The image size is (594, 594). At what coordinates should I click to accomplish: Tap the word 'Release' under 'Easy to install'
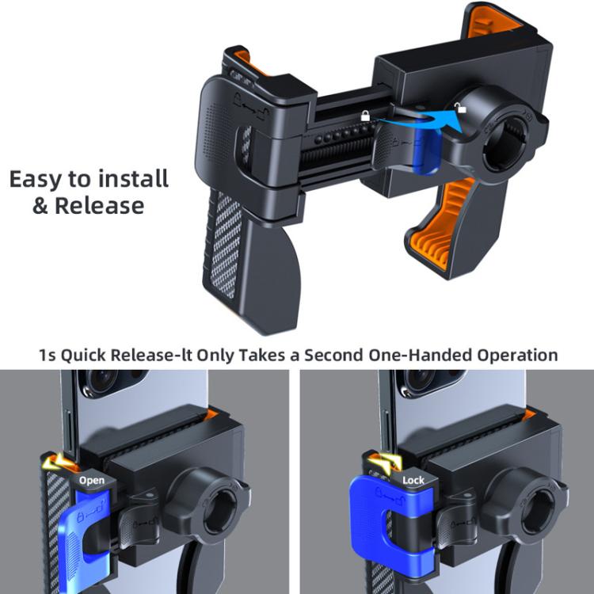pyautogui.click(x=100, y=206)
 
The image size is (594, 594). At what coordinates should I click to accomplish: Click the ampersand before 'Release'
pyautogui.click(x=40, y=206)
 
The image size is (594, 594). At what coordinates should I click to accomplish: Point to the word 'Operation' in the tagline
pyautogui.click(x=517, y=356)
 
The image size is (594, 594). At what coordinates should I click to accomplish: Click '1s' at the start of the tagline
pyautogui.click(x=48, y=356)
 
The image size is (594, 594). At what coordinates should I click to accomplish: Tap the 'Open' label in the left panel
pyautogui.click(x=92, y=481)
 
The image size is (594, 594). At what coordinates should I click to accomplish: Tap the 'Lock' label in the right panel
pyautogui.click(x=413, y=481)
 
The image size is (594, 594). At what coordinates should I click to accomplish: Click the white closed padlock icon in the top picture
pyautogui.click(x=365, y=116)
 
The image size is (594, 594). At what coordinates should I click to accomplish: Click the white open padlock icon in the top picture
pyautogui.click(x=461, y=108)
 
